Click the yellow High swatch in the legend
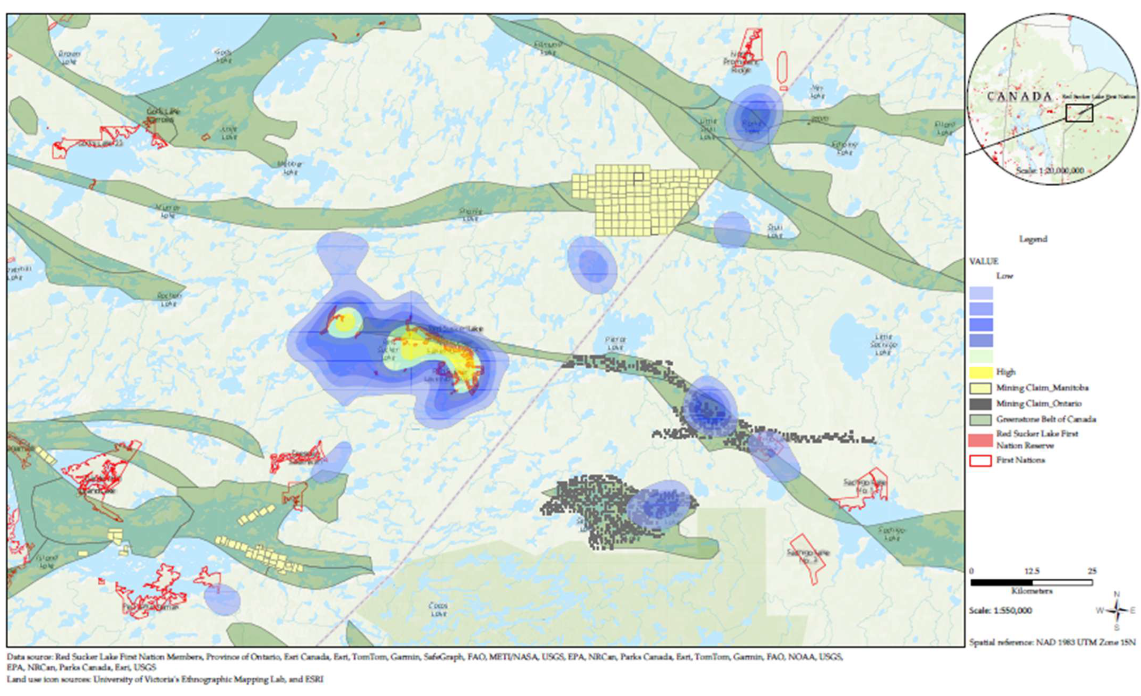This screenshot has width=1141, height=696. pos(981,372)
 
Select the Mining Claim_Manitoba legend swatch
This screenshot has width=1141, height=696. pos(981,388)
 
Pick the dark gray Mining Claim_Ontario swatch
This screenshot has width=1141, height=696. pos(981,403)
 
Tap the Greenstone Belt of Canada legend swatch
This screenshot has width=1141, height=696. pos(981,420)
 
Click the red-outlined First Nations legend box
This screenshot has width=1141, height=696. pos(980,460)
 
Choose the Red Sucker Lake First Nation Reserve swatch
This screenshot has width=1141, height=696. pos(980,440)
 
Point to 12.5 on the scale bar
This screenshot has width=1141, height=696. pos(1032,571)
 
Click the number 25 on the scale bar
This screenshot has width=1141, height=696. pos(1092,571)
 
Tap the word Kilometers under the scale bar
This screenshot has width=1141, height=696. pos(1032,591)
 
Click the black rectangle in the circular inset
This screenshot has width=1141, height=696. pos(1079,113)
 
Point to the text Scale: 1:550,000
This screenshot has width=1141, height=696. pos(1000,610)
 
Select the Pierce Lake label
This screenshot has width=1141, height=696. pos(615,343)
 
